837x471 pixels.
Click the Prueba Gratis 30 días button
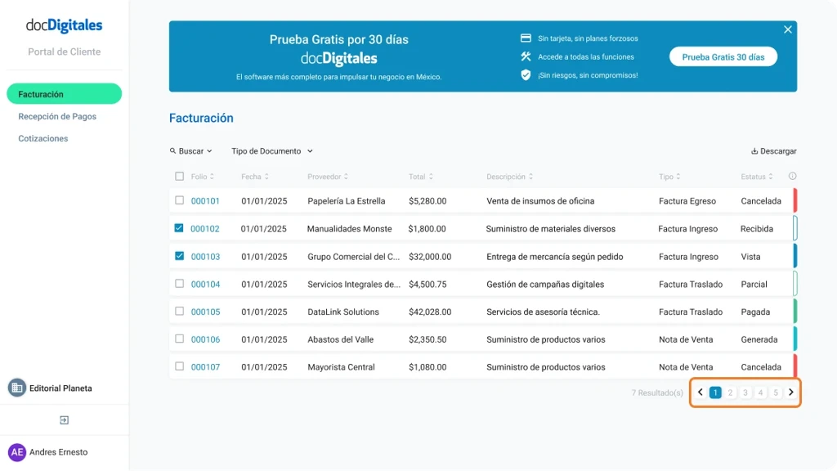(x=723, y=57)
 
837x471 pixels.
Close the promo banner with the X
(x=788, y=29)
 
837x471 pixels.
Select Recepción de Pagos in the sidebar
(x=57, y=117)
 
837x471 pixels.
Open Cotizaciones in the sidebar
(x=43, y=139)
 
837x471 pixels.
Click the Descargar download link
(x=773, y=151)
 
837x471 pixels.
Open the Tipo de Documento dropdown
(x=272, y=151)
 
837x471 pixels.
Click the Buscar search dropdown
(x=191, y=151)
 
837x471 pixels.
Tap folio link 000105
(x=205, y=312)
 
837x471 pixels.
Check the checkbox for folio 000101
(x=180, y=200)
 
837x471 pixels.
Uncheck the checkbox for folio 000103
(x=180, y=256)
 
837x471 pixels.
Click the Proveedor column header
(x=327, y=177)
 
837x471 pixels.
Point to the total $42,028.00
(x=430, y=312)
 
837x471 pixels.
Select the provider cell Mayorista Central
(x=341, y=368)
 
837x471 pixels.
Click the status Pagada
(x=756, y=312)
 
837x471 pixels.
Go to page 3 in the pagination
(x=745, y=393)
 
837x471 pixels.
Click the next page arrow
(x=791, y=393)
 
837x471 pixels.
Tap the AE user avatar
(x=17, y=452)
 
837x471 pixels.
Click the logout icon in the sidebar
(x=64, y=420)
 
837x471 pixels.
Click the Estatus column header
(x=755, y=177)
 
